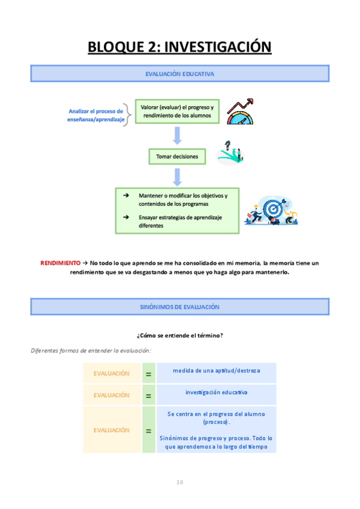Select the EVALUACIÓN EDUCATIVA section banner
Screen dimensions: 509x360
[x=179, y=74]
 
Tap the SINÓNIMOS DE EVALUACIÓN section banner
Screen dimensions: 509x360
[x=179, y=307]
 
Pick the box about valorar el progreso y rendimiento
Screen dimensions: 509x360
[x=177, y=111]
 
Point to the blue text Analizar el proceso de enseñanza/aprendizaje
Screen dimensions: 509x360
[x=96, y=115]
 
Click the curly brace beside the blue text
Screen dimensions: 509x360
[x=129, y=112]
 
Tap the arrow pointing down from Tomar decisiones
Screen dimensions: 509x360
[x=177, y=176]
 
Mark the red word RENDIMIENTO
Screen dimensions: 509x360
[x=59, y=263]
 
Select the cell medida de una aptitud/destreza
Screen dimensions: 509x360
[x=216, y=371]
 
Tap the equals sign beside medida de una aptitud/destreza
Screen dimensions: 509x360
[x=148, y=373]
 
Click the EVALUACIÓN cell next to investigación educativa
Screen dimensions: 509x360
[x=111, y=395]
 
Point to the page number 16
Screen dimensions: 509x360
[x=179, y=482]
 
